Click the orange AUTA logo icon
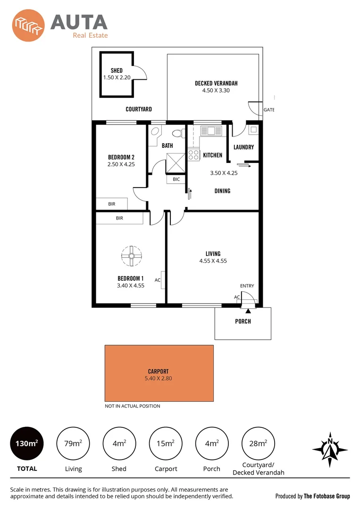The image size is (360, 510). click(x=29, y=26)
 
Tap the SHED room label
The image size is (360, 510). click(x=117, y=71)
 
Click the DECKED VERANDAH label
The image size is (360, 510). click(x=216, y=84)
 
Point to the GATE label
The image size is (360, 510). click(x=269, y=110)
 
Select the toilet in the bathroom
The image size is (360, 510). click(x=178, y=134)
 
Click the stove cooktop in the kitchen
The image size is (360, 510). click(x=193, y=154)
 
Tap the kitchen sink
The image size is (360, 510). click(x=211, y=130)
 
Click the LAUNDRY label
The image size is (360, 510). click(x=243, y=147)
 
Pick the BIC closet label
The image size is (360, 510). click(x=176, y=179)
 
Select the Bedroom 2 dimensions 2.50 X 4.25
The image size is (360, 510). click(x=121, y=164)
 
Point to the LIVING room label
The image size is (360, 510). click(x=213, y=254)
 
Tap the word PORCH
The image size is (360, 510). click(x=243, y=322)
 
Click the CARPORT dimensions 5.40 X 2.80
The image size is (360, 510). click(x=159, y=378)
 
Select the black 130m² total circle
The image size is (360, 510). click(x=27, y=443)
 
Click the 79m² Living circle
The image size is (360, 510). click(x=73, y=443)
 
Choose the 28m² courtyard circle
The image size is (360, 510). click(x=258, y=443)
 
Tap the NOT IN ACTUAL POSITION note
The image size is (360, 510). click(x=132, y=406)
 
